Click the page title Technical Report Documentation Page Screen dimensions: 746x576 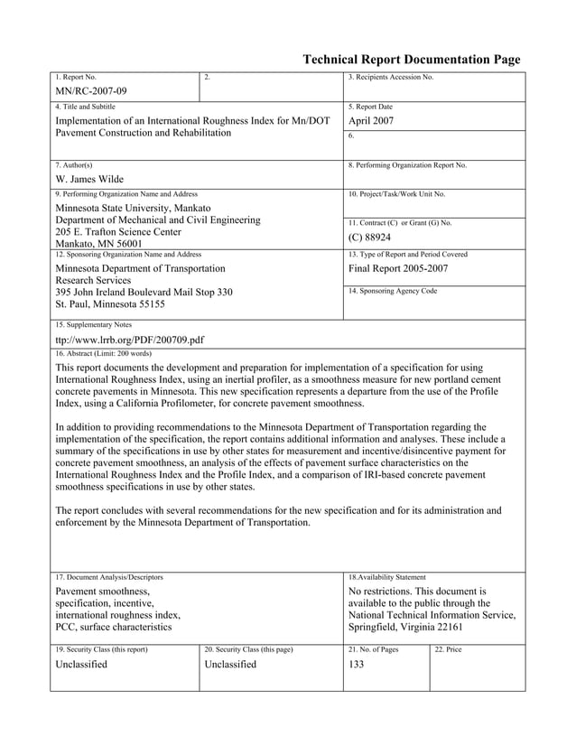411,60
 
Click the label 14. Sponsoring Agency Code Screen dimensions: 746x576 393,292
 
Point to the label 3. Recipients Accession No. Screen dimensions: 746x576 391,78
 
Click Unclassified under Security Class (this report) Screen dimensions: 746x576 81,665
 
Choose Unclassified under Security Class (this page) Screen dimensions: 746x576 231,665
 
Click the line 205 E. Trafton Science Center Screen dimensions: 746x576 118,231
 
